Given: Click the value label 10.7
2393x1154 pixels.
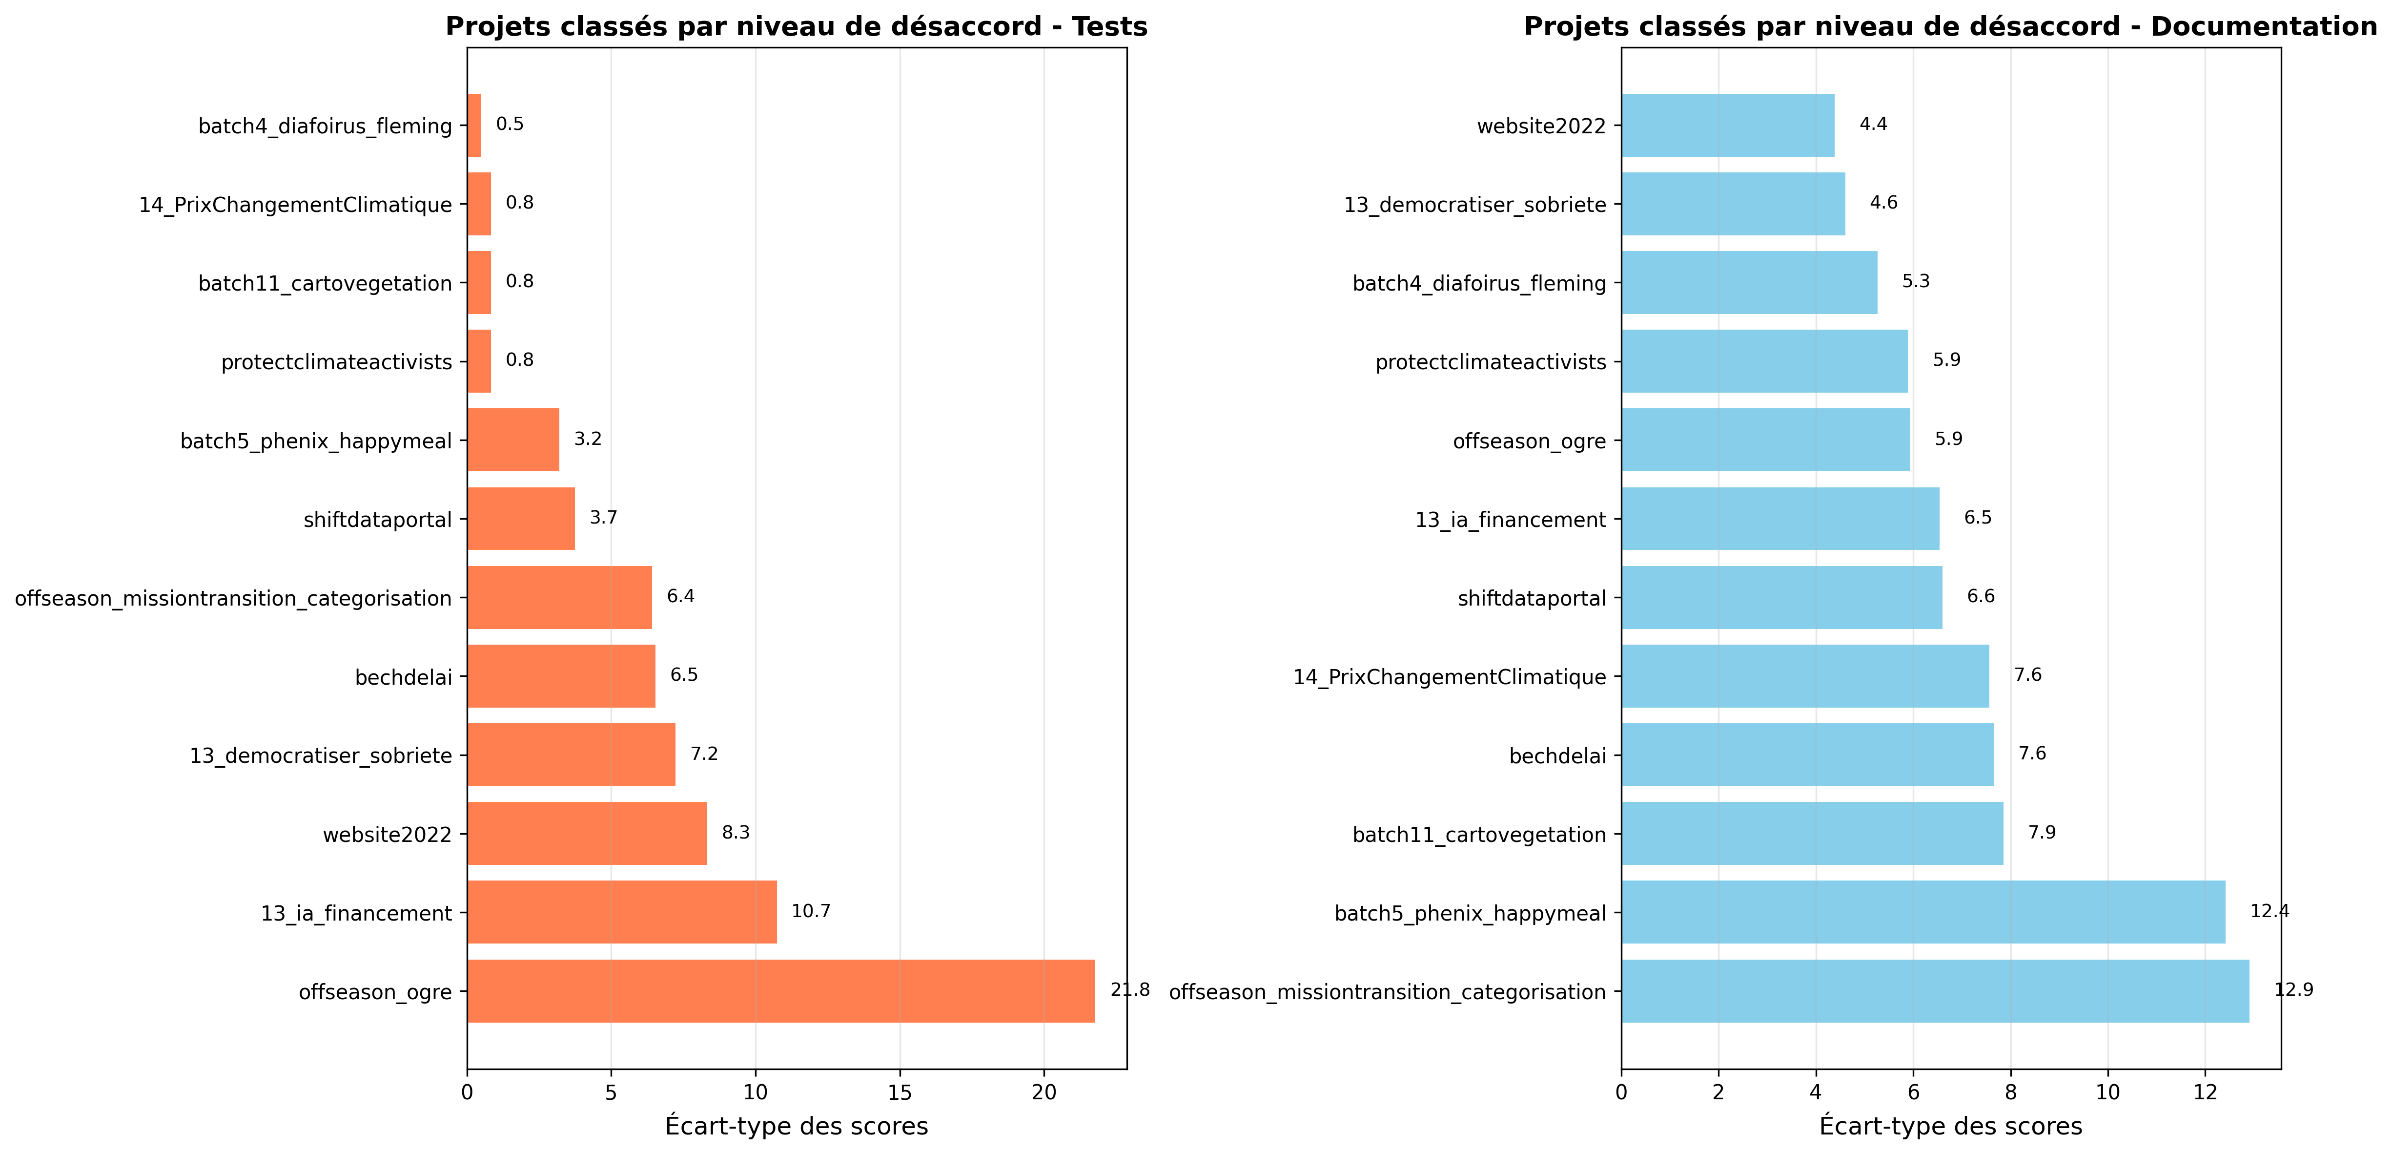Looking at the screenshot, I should [810, 911].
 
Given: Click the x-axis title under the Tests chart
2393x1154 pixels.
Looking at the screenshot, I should [796, 1126].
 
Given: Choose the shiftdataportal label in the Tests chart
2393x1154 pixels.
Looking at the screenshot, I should [377, 520].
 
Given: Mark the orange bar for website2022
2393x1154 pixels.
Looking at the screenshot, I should [587, 834].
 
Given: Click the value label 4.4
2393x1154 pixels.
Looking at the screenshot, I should [1873, 125].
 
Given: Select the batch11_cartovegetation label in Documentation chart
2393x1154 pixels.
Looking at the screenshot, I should [1479, 835].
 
